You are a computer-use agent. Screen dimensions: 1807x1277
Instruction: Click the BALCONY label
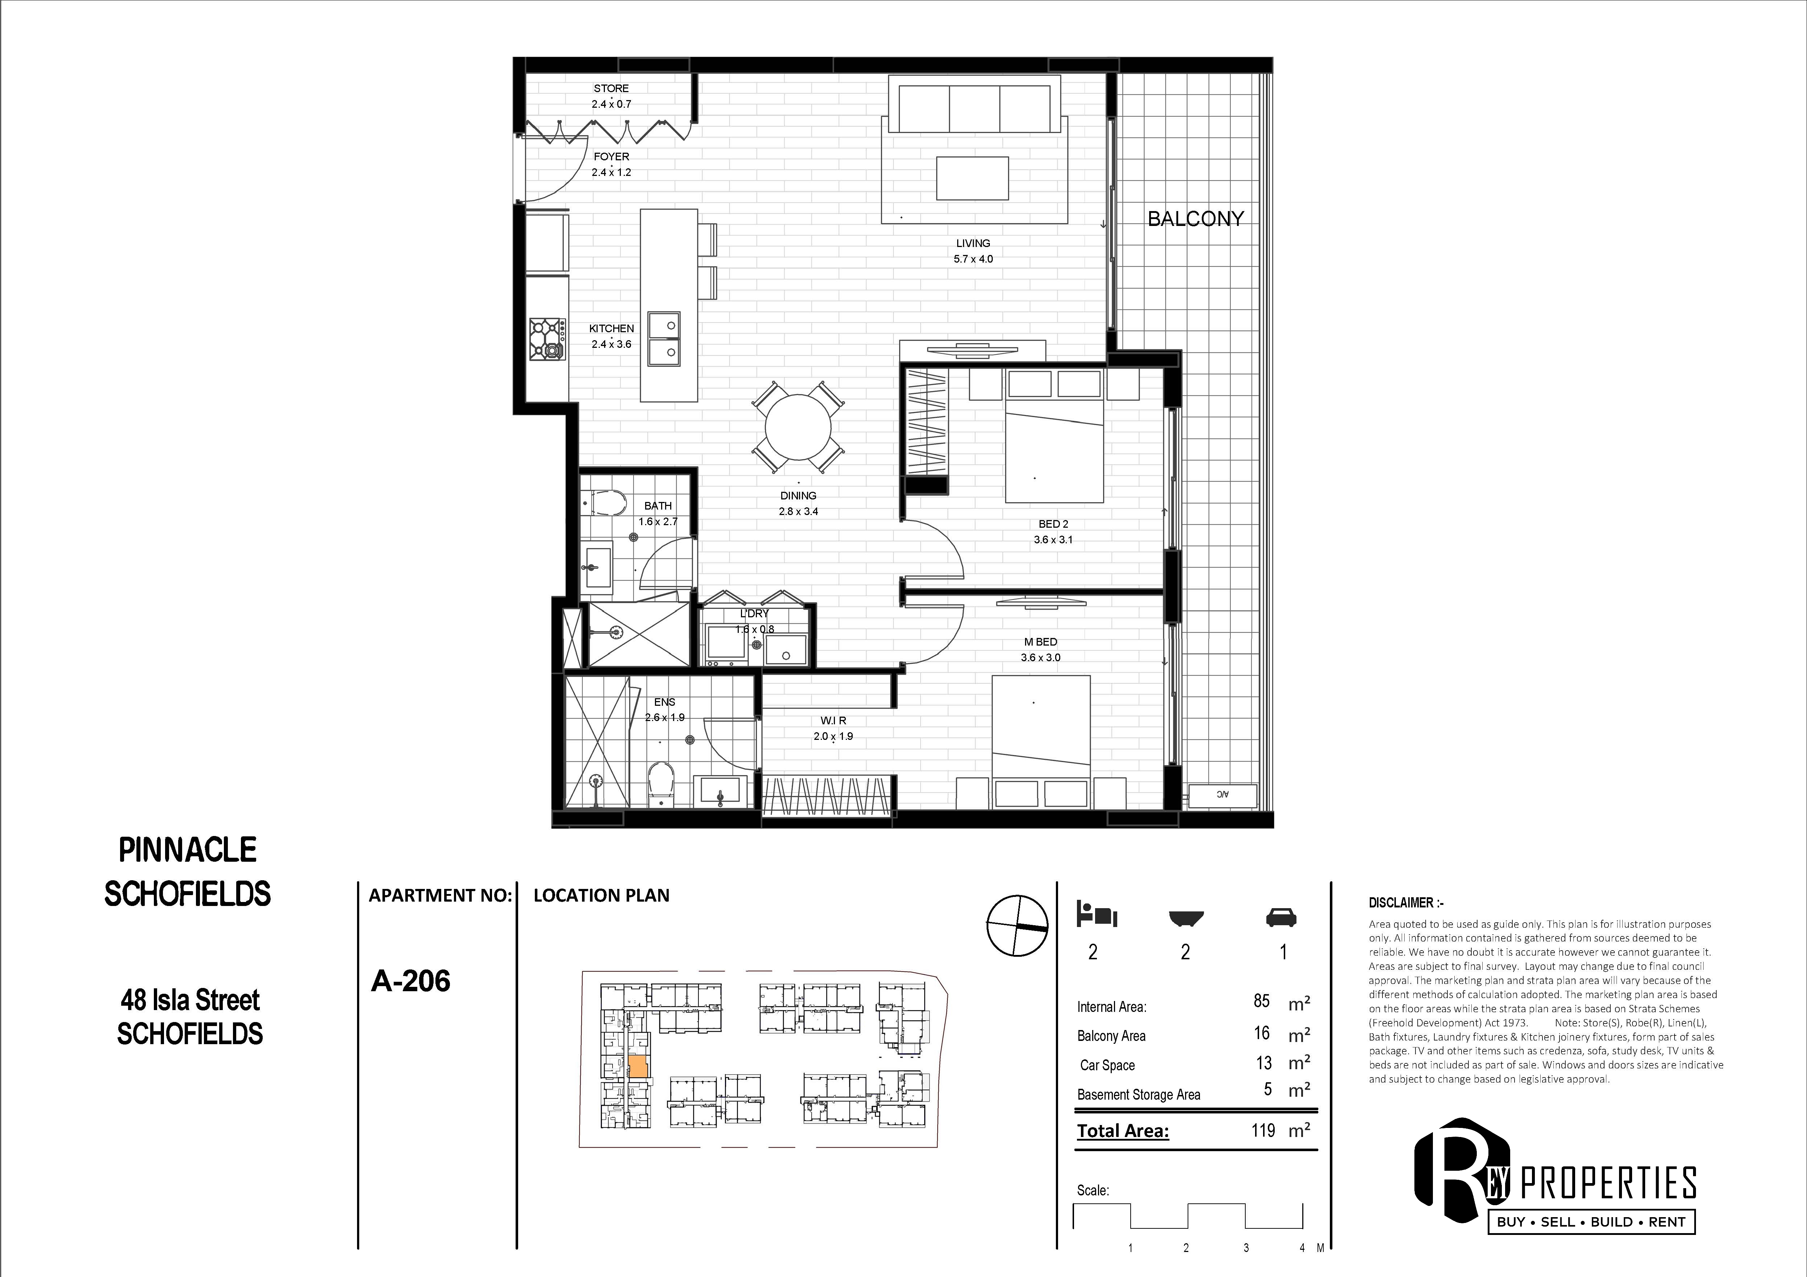point(1196,219)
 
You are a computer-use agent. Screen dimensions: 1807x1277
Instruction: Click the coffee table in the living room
point(972,178)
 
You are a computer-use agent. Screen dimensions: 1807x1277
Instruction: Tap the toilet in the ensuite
point(661,783)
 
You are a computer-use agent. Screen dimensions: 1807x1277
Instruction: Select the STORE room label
point(611,88)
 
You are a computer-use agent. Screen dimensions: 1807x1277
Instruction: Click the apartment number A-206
point(411,981)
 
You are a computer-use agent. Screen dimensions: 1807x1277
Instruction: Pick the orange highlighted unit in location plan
point(638,1066)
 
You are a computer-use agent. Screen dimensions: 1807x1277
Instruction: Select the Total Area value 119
point(1263,1130)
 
